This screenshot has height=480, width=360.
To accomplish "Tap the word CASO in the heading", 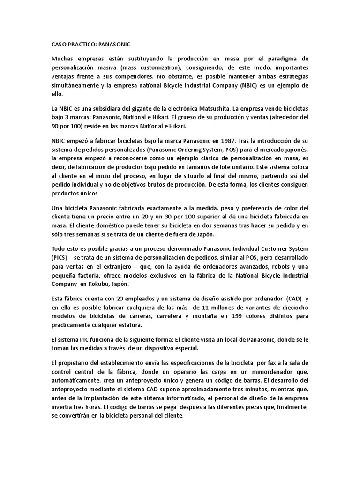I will (59, 44).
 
